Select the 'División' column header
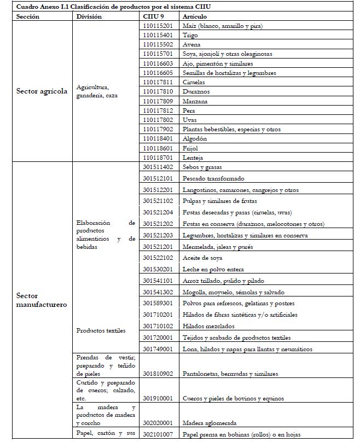click(90, 17)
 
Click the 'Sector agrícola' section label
click(42, 91)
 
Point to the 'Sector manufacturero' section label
click(42, 300)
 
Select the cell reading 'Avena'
click(191, 44)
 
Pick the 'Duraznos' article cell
click(196, 91)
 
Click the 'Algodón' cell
click(195, 139)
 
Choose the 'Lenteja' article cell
click(193, 158)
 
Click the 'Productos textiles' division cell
click(101, 331)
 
